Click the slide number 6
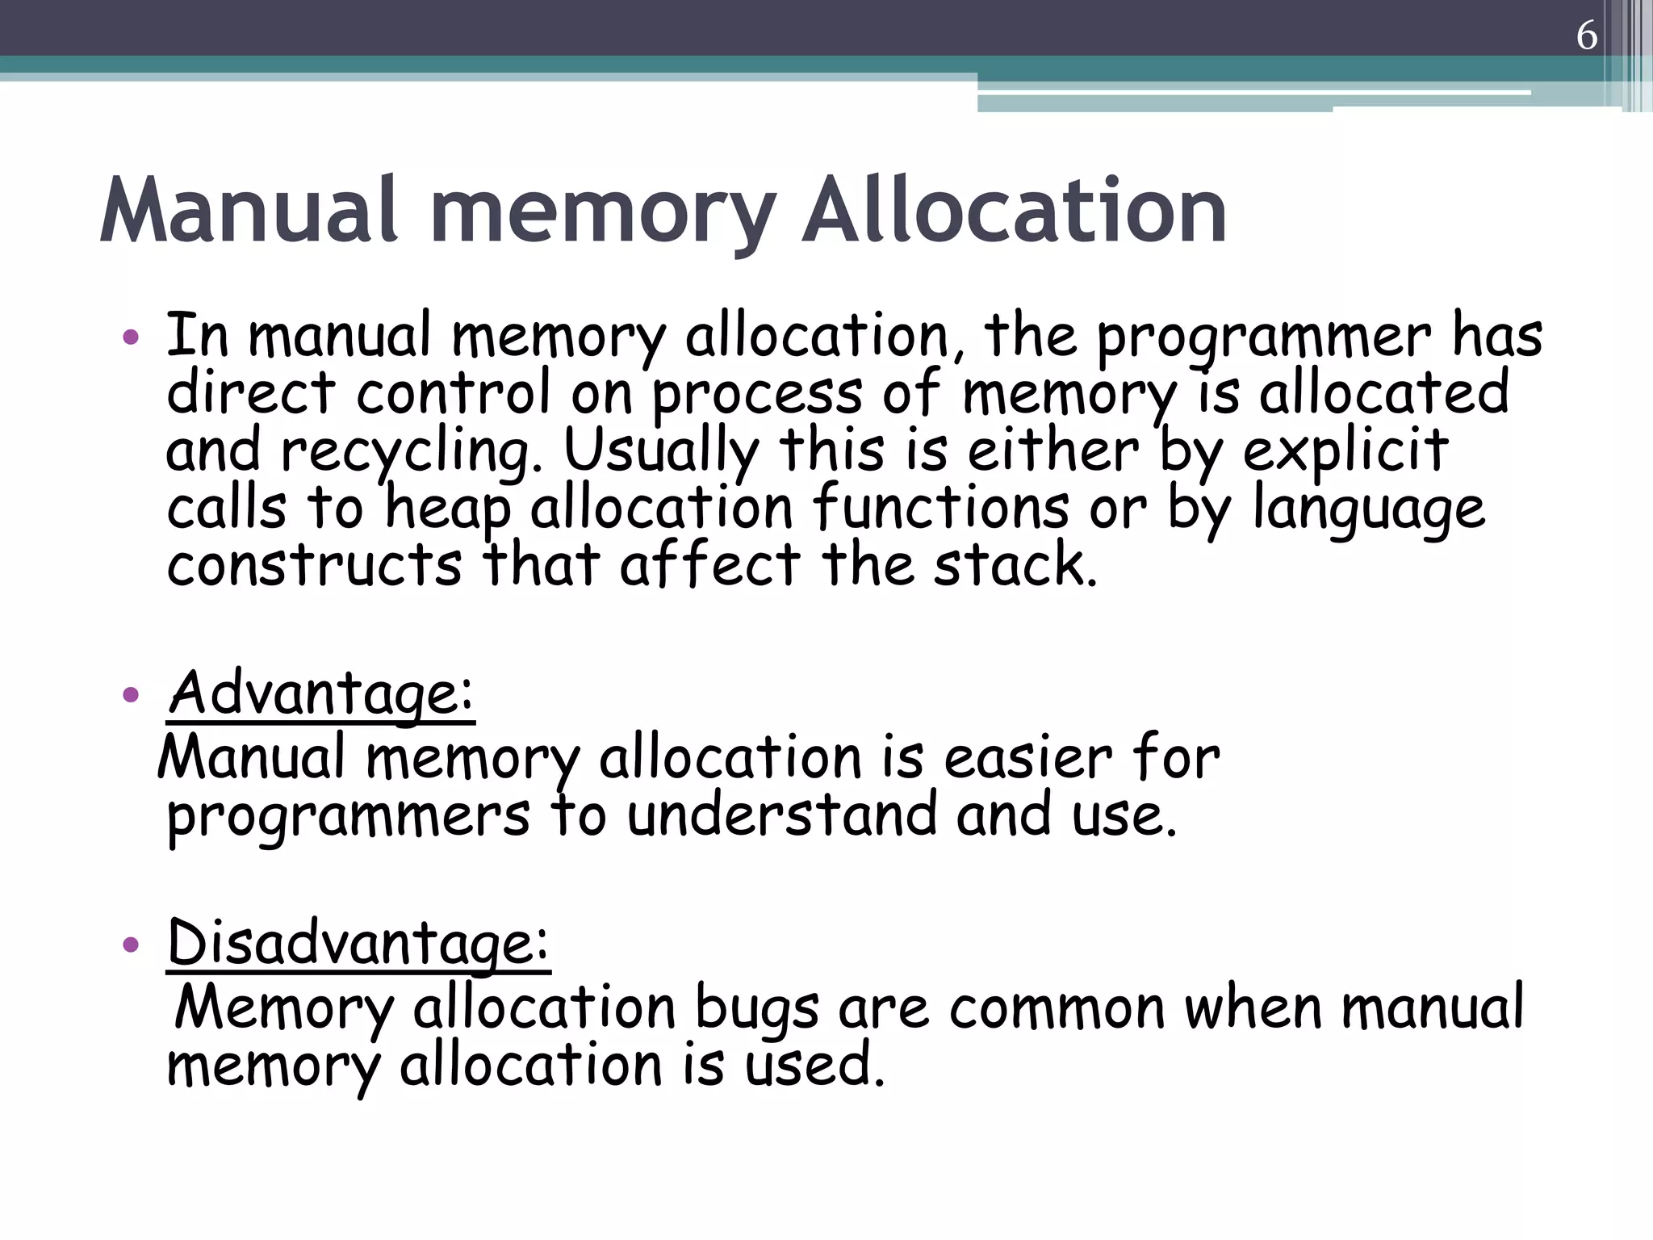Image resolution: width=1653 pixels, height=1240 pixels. pos(1586,36)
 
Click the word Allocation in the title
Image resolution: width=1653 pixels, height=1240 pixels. pos(1014,212)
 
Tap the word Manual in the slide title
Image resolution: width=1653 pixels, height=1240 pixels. pos(249,212)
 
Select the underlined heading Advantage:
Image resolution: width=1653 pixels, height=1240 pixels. pos(321,693)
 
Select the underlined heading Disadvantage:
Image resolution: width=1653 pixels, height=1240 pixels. pos(358,943)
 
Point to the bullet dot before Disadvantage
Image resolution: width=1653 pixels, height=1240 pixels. pos(131,944)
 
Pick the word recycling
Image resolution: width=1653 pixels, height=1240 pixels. pos(412,452)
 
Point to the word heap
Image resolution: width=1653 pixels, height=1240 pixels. pos(448,509)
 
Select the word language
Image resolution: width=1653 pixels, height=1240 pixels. pos(1368,510)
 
